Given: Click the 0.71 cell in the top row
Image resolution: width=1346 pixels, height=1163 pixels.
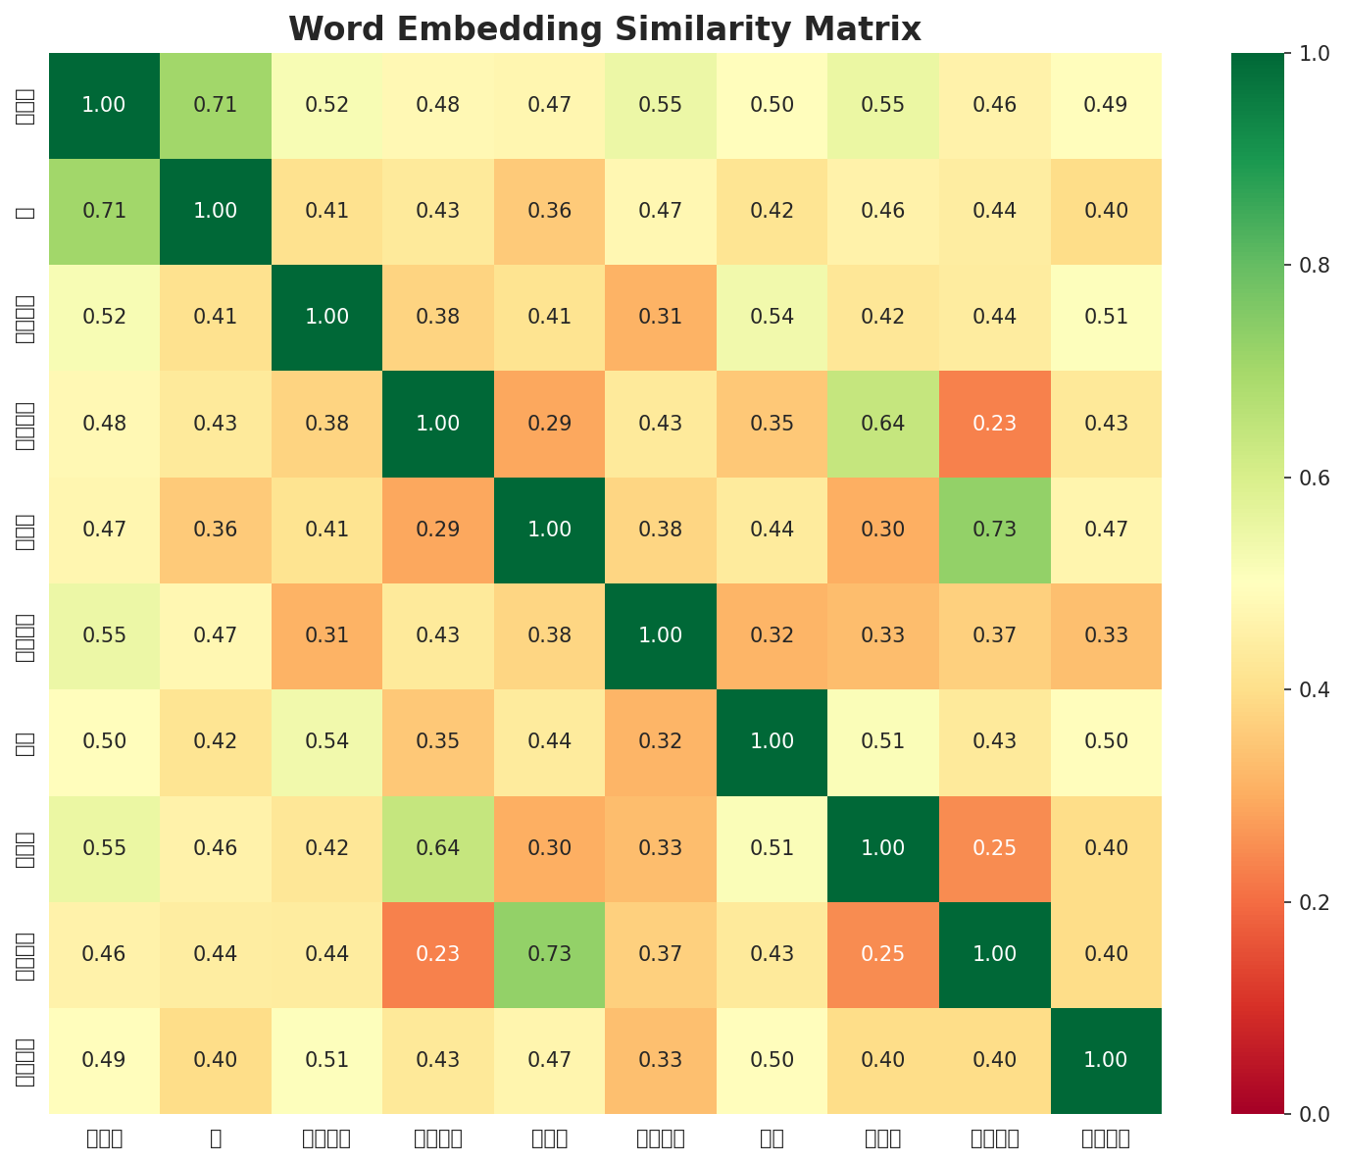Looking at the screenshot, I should [216, 105].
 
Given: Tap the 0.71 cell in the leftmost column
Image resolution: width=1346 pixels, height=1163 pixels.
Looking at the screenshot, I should [104, 211].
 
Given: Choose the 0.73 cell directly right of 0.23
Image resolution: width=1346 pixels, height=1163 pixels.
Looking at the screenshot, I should [550, 953].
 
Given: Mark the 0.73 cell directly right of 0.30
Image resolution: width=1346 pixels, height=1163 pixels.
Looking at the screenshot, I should [995, 530].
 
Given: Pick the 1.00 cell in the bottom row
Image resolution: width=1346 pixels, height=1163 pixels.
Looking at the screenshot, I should [1107, 1060].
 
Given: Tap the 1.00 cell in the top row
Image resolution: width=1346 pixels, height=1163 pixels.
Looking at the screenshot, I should [104, 105].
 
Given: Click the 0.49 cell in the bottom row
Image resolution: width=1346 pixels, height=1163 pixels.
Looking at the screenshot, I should [104, 1060].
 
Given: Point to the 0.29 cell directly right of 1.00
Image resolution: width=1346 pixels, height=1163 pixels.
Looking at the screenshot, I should [550, 424].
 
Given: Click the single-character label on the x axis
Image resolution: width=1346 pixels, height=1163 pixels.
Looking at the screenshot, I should [216, 1138].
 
